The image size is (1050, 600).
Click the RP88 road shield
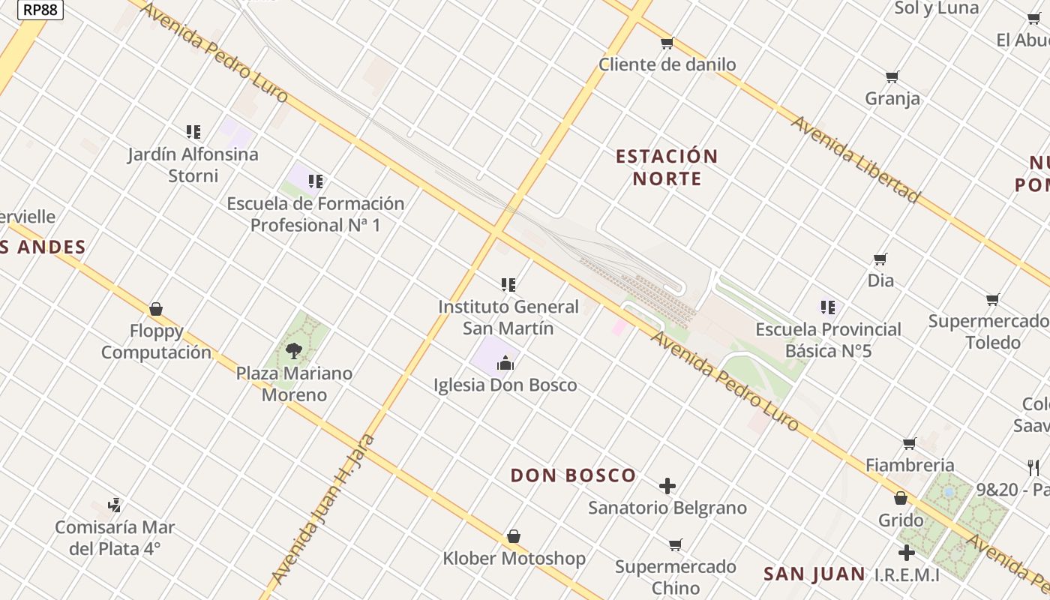tap(40, 10)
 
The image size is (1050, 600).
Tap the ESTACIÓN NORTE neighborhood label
tap(667, 167)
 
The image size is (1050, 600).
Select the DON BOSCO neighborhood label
tap(573, 475)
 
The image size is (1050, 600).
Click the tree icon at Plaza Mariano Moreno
tap(294, 350)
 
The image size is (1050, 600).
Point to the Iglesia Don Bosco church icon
tap(506, 364)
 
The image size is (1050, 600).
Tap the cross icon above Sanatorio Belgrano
tap(667, 486)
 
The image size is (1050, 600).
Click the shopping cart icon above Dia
tap(880, 259)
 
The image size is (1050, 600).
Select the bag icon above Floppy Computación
tap(156, 309)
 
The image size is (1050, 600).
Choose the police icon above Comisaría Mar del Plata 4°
tap(115, 505)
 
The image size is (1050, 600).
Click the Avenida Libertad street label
tap(855, 160)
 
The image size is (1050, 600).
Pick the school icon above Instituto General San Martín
tap(508, 285)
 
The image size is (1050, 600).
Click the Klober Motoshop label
tap(514, 558)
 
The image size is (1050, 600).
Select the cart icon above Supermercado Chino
tap(676, 544)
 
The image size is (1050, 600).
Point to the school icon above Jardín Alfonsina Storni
tap(193, 132)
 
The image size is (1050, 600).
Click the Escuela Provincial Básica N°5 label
tap(828, 340)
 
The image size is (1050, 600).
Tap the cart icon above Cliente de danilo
tap(667, 43)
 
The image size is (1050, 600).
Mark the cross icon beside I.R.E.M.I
tap(907, 553)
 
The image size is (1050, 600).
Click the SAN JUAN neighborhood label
tap(814, 574)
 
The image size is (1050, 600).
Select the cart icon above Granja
tap(892, 76)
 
